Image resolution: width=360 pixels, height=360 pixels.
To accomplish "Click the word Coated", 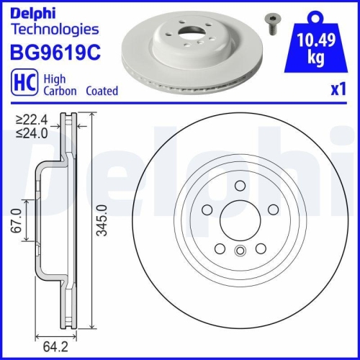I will [102, 91].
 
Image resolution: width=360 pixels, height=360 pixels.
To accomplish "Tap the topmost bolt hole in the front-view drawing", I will [240, 185].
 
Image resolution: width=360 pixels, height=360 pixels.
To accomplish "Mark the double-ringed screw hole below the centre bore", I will [240, 251].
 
